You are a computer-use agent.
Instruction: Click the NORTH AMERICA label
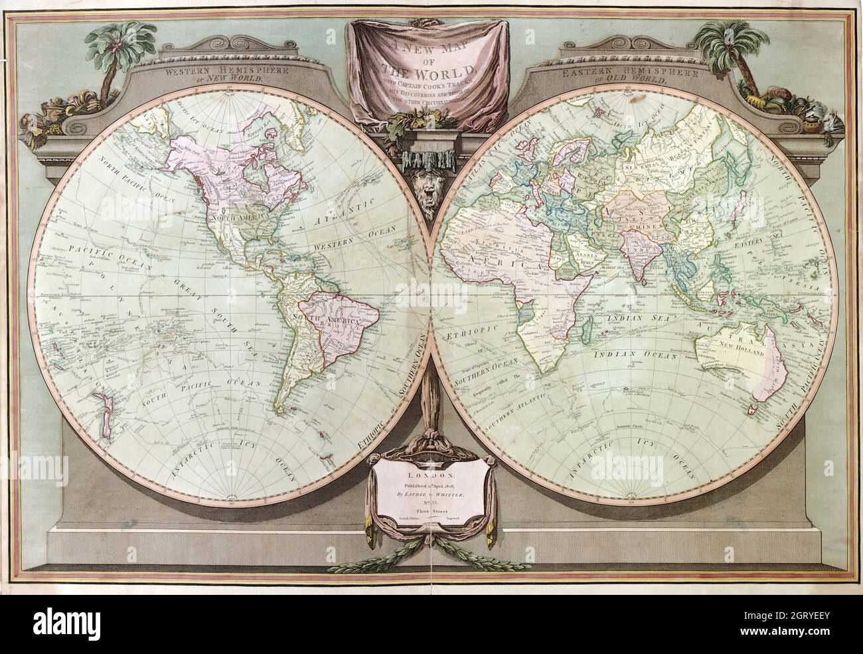(x=238, y=216)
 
